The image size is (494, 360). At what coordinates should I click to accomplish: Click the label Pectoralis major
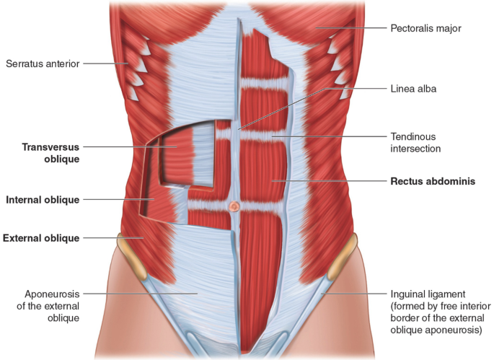click(425, 28)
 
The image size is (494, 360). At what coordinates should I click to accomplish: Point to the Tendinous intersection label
click(415, 142)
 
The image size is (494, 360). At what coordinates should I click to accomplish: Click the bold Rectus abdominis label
click(433, 181)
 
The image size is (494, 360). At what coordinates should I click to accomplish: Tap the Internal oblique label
click(42, 199)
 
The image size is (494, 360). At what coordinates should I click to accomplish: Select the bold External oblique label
click(41, 237)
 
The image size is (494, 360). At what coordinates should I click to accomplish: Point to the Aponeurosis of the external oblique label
click(45, 305)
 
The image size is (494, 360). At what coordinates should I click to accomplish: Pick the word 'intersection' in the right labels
click(415, 149)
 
